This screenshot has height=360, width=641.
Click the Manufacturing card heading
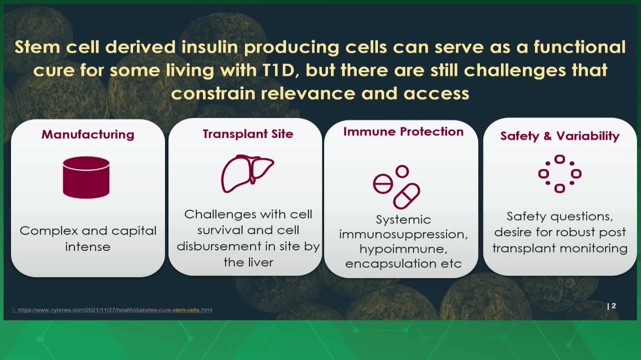click(88, 134)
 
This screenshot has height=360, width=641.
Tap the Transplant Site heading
click(248, 133)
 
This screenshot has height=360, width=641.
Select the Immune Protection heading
click(403, 131)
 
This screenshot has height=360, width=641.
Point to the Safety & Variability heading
click(559, 136)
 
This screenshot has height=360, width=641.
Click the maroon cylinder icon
click(86, 177)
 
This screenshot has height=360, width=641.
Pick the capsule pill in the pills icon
click(406, 196)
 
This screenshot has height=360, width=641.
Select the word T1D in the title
click(278, 70)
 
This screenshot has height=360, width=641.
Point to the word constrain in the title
click(213, 93)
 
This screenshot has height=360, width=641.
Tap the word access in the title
click(436, 94)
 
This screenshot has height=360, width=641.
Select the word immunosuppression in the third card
click(403, 234)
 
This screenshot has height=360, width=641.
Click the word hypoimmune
click(403, 249)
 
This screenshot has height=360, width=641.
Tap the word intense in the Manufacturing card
click(87, 246)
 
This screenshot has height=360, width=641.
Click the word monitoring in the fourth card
click(592, 248)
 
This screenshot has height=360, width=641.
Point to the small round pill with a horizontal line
click(383, 183)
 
